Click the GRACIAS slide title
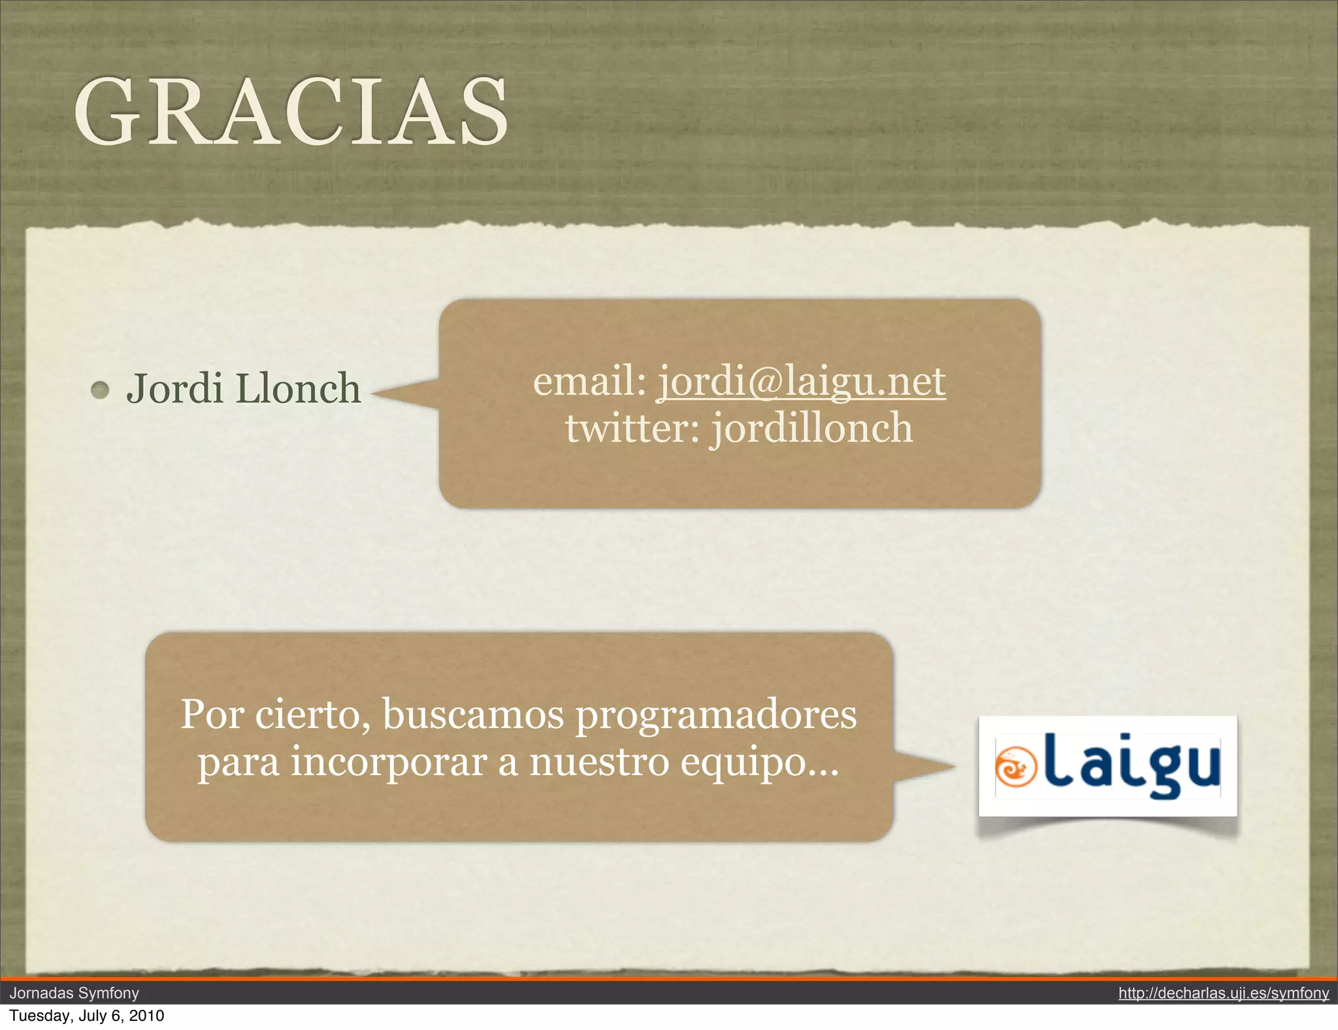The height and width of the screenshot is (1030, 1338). (x=291, y=111)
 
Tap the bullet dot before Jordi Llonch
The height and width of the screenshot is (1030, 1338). (x=100, y=390)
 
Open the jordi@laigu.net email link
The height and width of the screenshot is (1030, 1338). (x=801, y=381)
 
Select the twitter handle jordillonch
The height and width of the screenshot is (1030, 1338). (x=811, y=429)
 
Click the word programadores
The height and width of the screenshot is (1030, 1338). (x=715, y=715)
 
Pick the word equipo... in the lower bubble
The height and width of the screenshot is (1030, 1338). (x=759, y=763)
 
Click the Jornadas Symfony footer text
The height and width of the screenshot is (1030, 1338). (x=74, y=993)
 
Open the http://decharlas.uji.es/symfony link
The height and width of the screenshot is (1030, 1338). (x=1223, y=993)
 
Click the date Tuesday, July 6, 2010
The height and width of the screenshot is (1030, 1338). (x=87, y=1016)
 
